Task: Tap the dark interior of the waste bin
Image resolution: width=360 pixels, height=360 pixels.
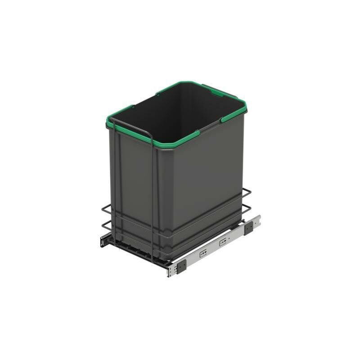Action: point(180,112)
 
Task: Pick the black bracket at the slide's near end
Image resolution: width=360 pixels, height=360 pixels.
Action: point(181,266)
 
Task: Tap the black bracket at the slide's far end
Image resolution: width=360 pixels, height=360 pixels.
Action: point(249,228)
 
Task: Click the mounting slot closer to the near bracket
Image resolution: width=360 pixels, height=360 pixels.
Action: point(203,253)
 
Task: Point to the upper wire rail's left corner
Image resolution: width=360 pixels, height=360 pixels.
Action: point(103,208)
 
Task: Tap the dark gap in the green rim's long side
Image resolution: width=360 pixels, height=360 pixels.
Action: point(211,126)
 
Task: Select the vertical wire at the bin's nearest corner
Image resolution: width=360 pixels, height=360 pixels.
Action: point(154,202)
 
